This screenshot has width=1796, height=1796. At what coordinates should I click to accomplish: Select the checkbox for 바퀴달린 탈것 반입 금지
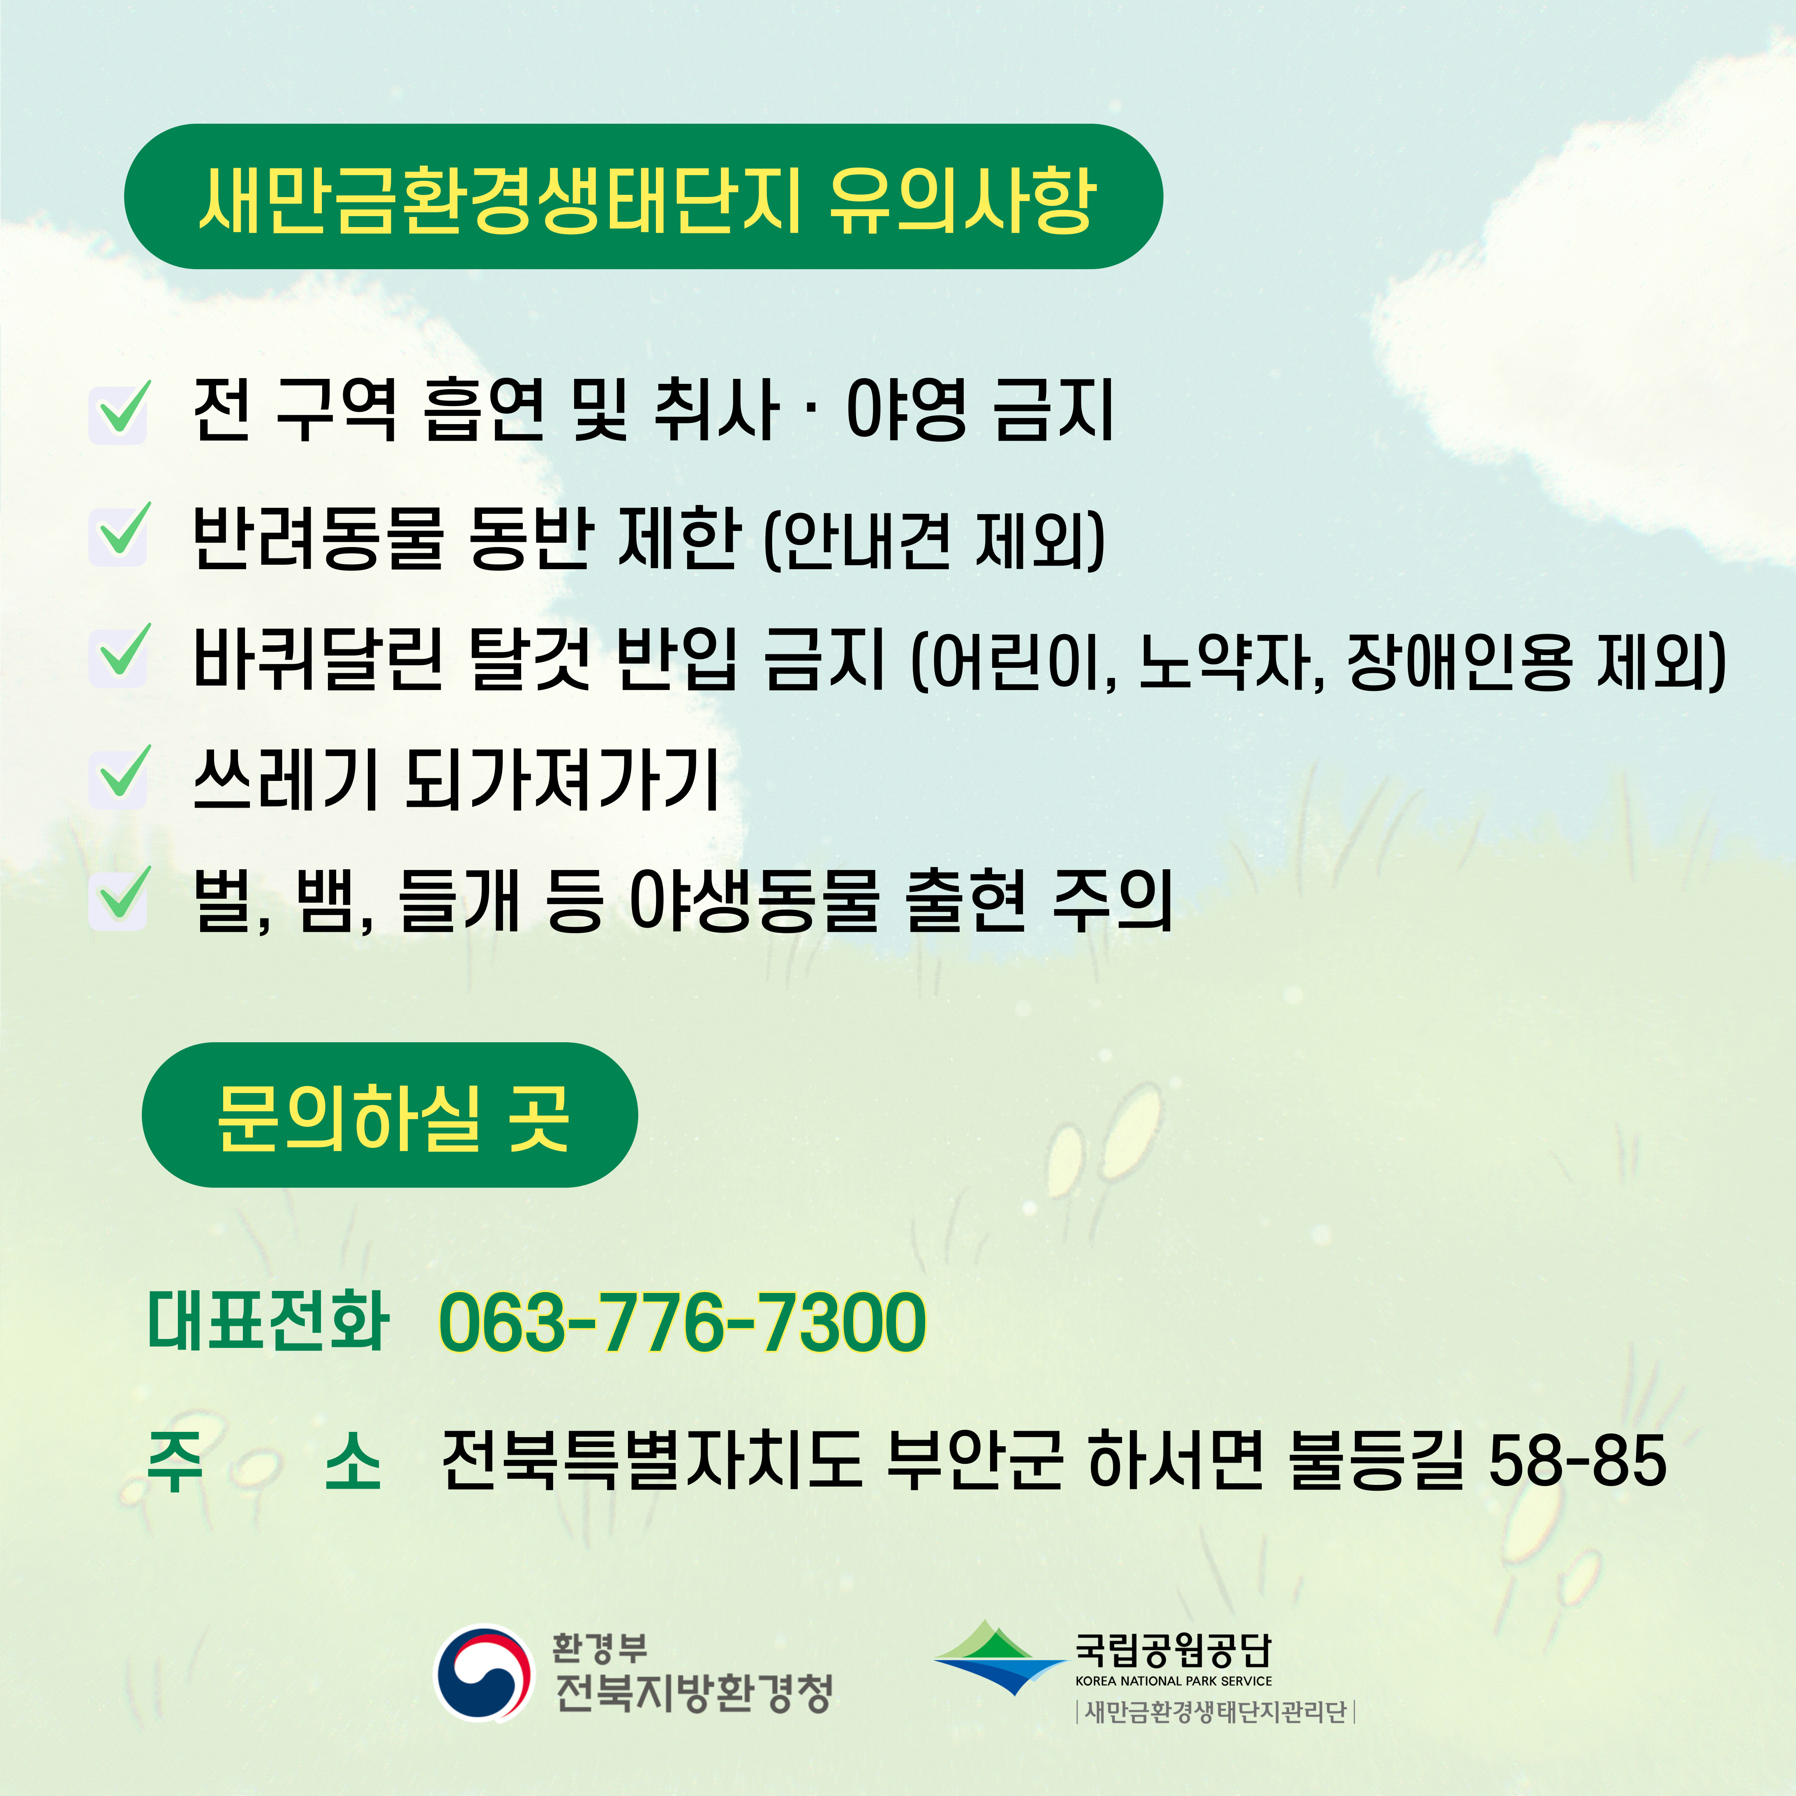[x=118, y=656]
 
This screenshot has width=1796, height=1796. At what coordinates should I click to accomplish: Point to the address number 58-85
[x=1577, y=1460]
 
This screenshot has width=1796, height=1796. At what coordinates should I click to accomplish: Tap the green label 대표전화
[x=268, y=1320]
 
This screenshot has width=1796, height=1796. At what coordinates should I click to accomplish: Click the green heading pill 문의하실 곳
[x=390, y=1115]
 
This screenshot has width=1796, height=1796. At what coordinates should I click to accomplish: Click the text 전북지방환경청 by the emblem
[x=693, y=1692]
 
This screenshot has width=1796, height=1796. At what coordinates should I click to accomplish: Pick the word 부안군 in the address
[x=974, y=1460]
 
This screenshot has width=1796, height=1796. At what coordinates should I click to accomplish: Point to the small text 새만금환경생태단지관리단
[x=1216, y=1712]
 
